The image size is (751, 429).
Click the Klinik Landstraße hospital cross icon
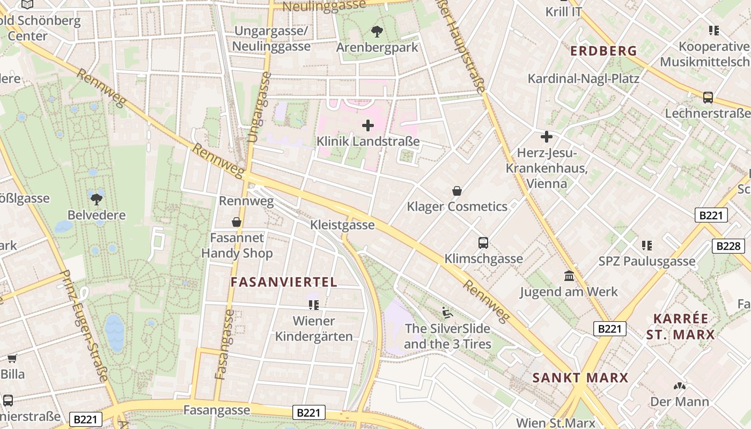pyautogui.click(x=368, y=126)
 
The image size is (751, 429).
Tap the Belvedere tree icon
pyautogui.click(x=97, y=199)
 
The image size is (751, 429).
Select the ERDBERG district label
pyautogui.click(x=603, y=51)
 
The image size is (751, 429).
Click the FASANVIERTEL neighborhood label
pyautogui.click(x=284, y=282)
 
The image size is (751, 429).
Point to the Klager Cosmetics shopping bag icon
pyautogui.click(x=457, y=191)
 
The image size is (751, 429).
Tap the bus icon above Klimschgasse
pyautogui.click(x=483, y=243)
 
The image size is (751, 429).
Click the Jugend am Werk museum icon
pyautogui.click(x=569, y=276)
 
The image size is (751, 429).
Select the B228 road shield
pyautogui.click(x=728, y=246)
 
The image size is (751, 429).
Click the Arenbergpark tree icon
pyautogui.click(x=377, y=32)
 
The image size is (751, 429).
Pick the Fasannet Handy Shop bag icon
pyautogui.click(x=236, y=222)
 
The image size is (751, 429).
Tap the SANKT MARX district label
pyautogui.click(x=580, y=378)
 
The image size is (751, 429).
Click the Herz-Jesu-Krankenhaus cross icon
pyautogui.click(x=547, y=137)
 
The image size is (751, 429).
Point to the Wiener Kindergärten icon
pyautogui.click(x=314, y=305)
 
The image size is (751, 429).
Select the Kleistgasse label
pyautogui.click(x=342, y=225)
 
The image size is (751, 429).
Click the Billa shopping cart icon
pyautogui.click(x=12, y=358)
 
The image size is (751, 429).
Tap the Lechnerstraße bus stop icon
pyautogui.click(x=708, y=98)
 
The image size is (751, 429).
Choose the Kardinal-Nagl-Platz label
pyautogui.click(x=583, y=79)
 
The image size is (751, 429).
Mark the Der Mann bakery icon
pyautogui.click(x=679, y=386)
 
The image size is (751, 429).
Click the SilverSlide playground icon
pyautogui.click(x=447, y=312)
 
